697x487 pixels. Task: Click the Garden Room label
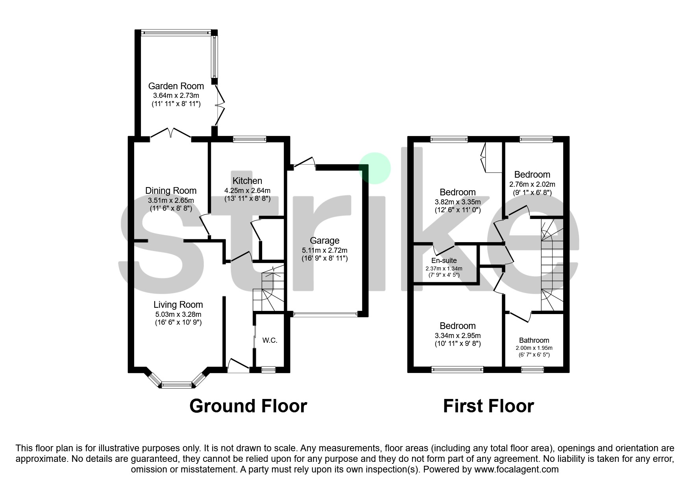176,86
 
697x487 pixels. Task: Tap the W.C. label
270,340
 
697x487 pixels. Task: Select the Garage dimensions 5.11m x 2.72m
325,250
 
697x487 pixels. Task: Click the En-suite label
444,261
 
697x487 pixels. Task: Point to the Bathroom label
534,340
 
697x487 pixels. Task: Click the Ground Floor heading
248,406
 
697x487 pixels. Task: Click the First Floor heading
488,406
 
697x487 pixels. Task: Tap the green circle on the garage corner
375,168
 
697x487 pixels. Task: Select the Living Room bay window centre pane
177,386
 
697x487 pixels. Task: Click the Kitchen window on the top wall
250,139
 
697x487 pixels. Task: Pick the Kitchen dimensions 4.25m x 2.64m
247,190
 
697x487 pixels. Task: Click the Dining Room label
171,191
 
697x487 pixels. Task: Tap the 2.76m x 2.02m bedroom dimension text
532,184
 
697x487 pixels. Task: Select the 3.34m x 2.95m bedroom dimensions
458,335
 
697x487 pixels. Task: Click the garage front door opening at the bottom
325,314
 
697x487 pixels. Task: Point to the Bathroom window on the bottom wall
532,369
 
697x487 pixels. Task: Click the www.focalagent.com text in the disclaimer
516,469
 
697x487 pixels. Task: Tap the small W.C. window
268,369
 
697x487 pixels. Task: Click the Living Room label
178,305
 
